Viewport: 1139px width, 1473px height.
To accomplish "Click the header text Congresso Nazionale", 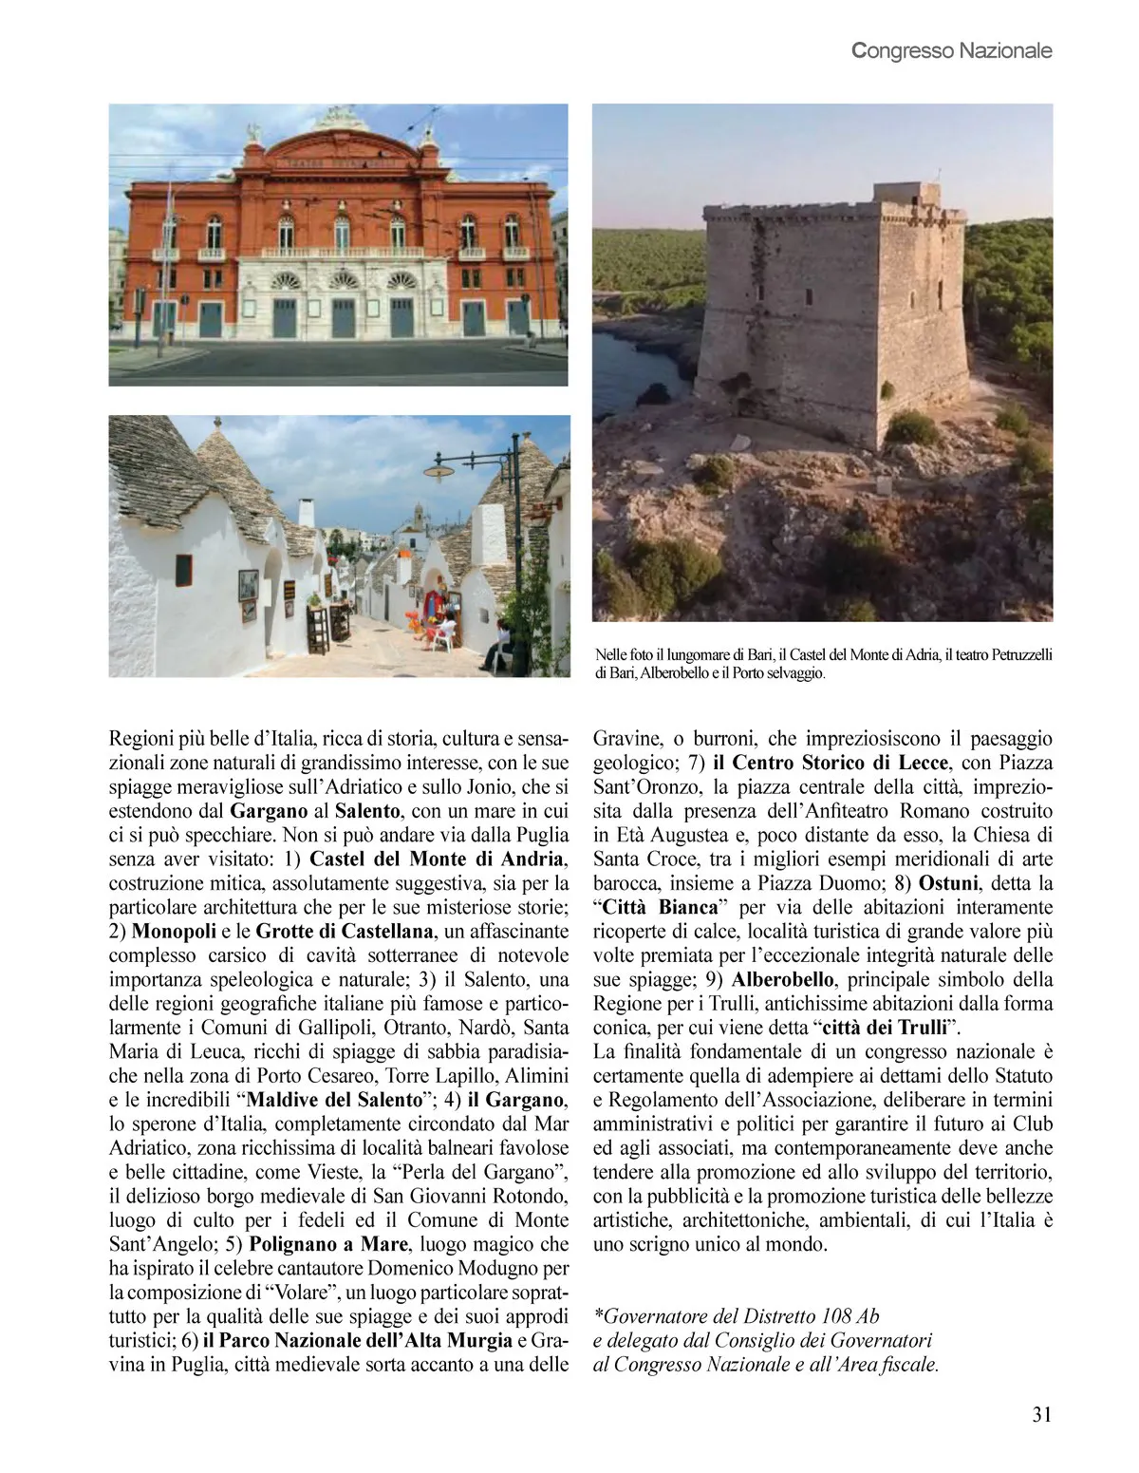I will pyautogui.click(x=952, y=50).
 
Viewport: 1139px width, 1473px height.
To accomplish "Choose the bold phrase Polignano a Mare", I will pyautogui.click(x=328, y=1243).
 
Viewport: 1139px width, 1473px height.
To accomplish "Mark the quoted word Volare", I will pyautogui.click(x=302, y=1292).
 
